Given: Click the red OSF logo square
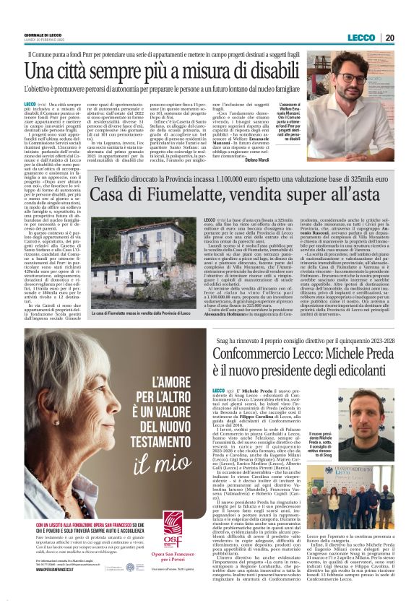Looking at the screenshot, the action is pyautogui.click(x=172, y=524).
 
